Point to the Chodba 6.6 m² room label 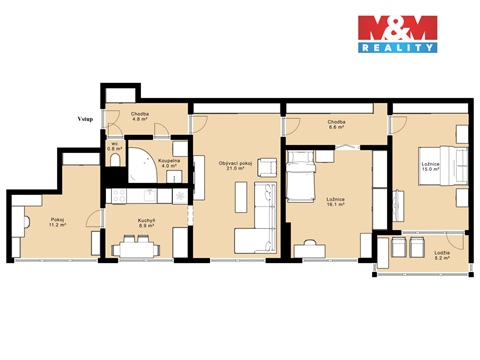pyautogui.click(x=336, y=126)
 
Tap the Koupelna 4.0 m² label pyautogui.click(x=169, y=163)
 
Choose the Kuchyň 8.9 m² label pyautogui.click(x=145, y=224)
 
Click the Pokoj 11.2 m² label pyautogui.click(x=56, y=223)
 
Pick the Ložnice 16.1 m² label pyautogui.click(x=335, y=201)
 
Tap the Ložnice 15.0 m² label pyautogui.click(x=431, y=167)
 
